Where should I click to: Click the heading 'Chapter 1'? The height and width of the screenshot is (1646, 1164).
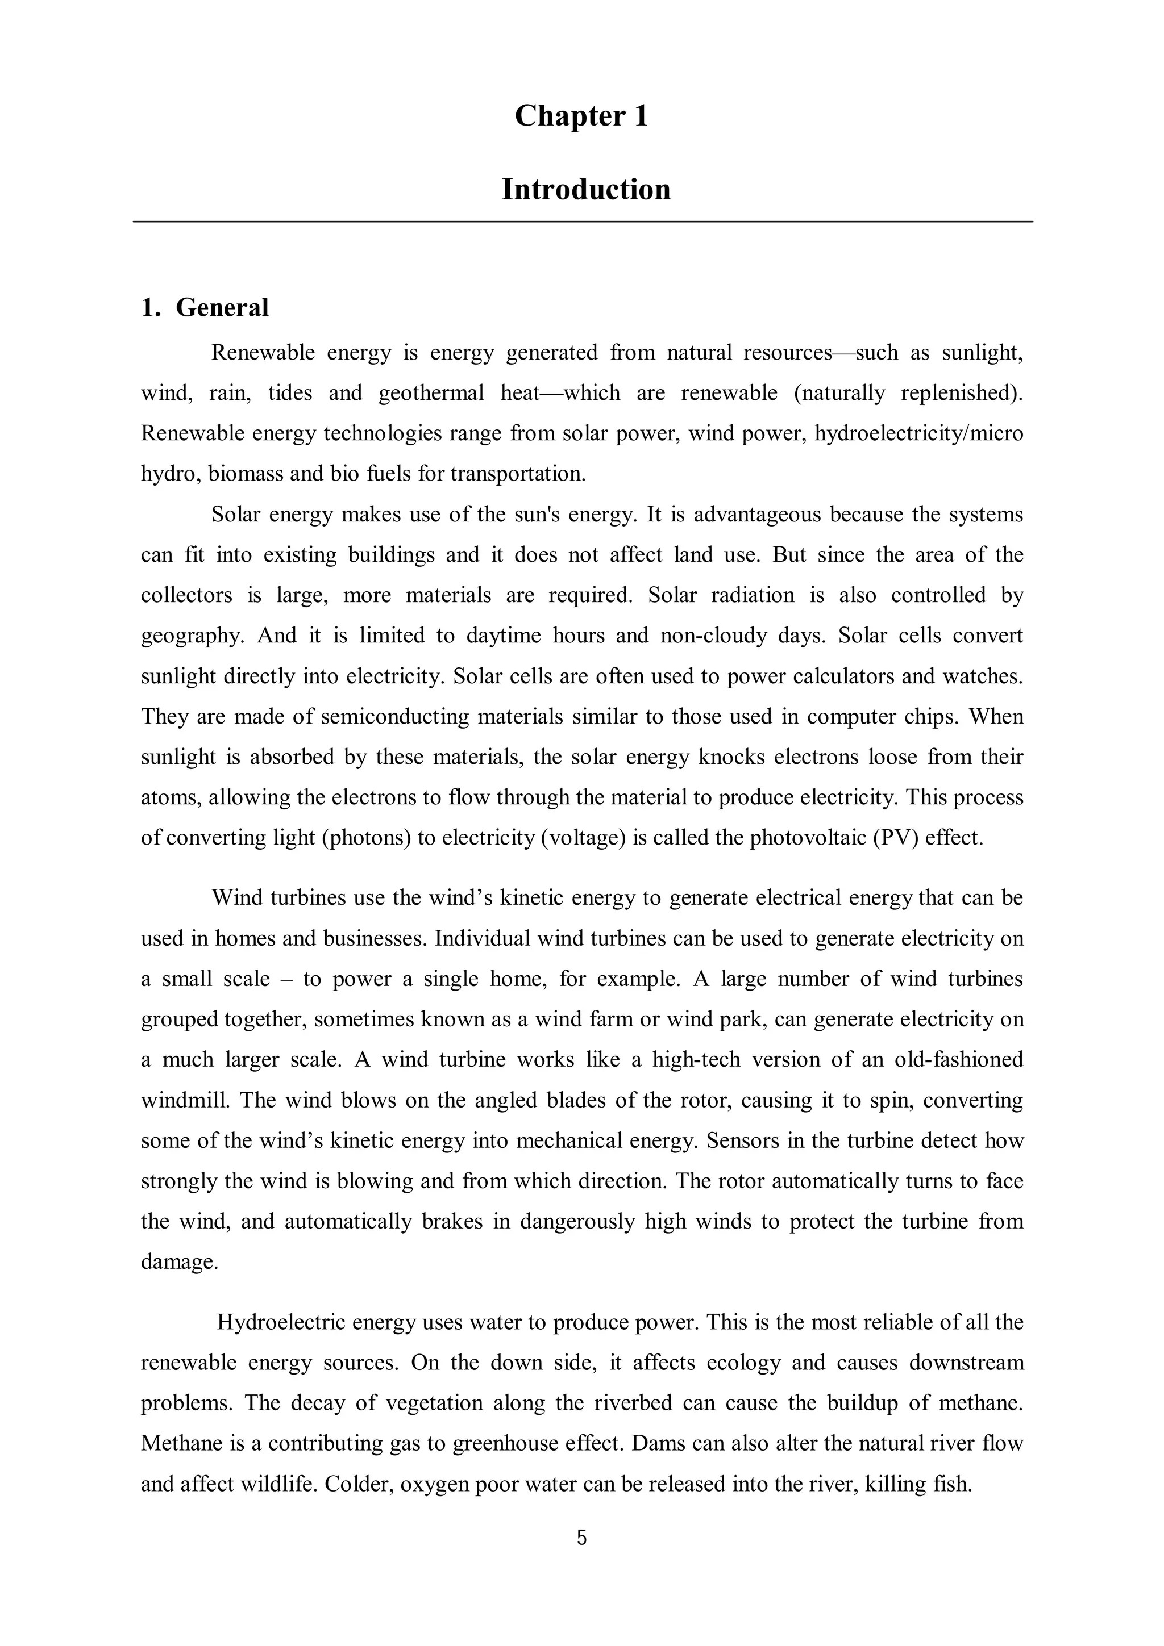(x=581, y=116)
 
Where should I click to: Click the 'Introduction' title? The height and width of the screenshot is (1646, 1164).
(x=585, y=190)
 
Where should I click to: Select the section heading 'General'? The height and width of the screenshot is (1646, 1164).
(x=222, y=307)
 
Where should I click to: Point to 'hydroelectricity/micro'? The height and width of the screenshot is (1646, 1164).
(x=918, y=434)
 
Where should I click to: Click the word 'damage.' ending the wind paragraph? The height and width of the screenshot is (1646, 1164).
(x=179, y=1261)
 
